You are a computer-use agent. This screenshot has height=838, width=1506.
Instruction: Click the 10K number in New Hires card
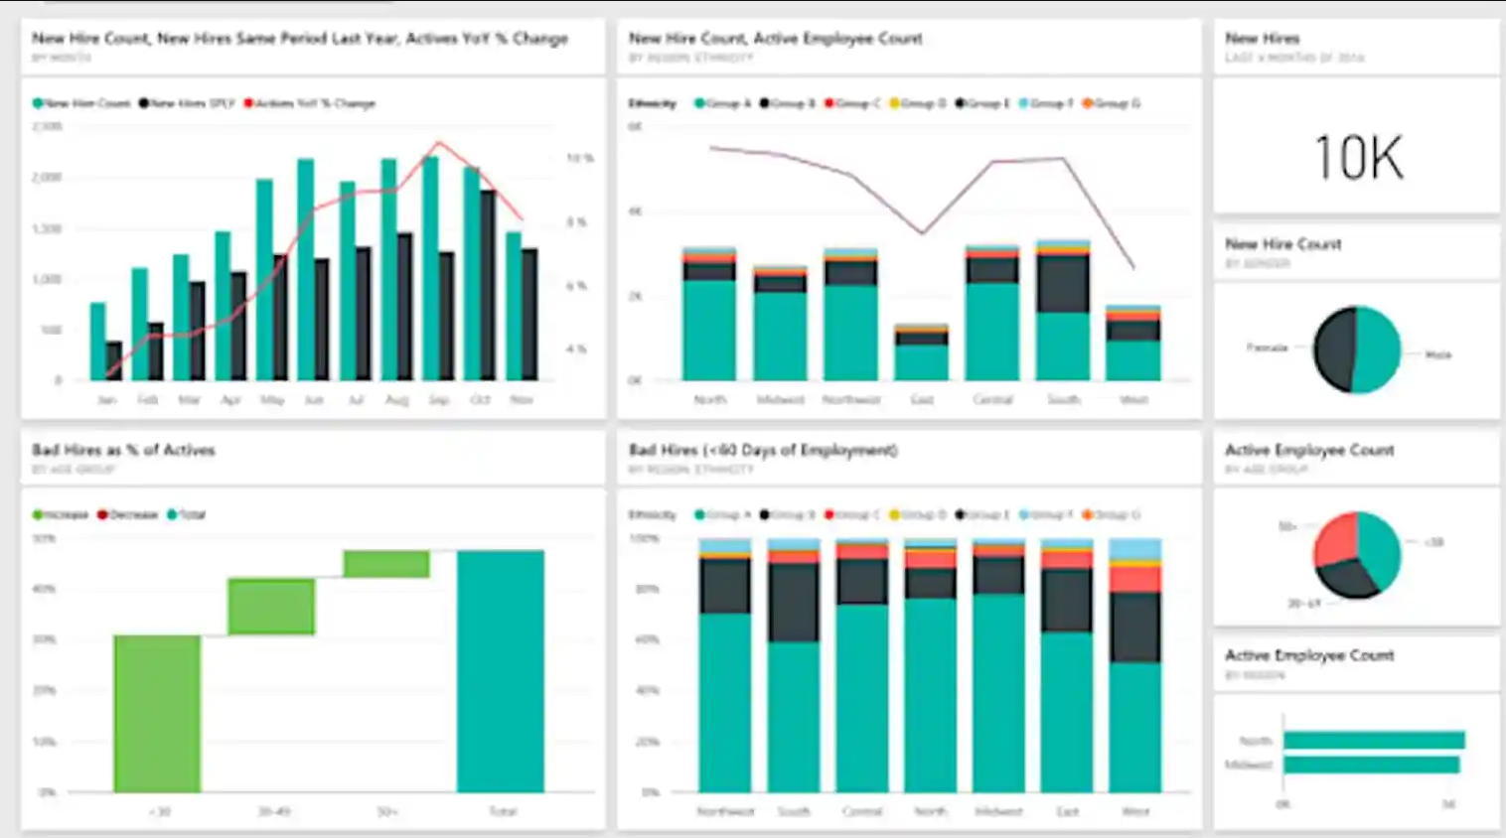[1358, 158]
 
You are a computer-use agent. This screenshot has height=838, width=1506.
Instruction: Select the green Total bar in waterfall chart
[500, 671]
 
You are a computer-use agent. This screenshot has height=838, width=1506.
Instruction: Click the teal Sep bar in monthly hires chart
[430, 268]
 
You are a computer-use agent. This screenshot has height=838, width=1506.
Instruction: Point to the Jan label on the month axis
[107, 399]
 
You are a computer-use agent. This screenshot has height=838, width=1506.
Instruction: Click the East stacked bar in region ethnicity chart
[921, 353]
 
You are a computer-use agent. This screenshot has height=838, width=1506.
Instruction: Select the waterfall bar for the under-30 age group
[157, 713]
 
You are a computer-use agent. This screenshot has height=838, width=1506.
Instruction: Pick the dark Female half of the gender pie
[1334, 349]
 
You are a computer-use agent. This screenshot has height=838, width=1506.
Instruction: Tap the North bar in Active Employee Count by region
[1373, 740]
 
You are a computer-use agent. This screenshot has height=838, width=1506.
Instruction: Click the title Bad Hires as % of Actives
[123, 450]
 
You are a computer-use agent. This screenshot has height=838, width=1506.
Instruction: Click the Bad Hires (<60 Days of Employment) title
[763, 450]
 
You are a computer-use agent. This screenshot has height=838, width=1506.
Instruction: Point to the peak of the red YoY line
[438, 144]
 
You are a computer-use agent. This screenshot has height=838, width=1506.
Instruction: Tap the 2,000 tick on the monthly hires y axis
[47, 177]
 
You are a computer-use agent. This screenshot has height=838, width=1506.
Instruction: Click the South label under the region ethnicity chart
[1063, 399]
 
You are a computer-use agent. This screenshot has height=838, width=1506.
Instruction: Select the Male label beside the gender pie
[1437, 354]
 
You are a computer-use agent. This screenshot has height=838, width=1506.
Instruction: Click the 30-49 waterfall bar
[271, 607]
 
